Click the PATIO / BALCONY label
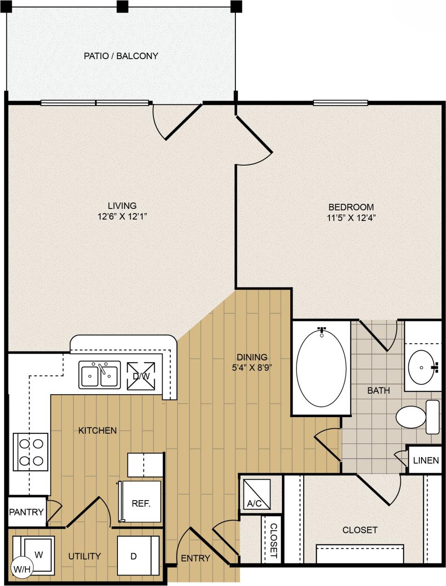[x=121, y=56]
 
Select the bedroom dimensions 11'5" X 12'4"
[x=352, y=219]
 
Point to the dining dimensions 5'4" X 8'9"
[x=252, y=368]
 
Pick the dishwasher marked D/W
[x=141, y=376]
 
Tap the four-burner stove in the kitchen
[x=31, y=452]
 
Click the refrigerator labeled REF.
[x=141, y=502]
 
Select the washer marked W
[x=38, y=554]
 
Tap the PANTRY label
[x=26, y=512]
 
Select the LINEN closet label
[x=426, y=460]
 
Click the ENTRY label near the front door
[x=195, y=558]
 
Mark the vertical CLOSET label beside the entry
[x=273, y=540]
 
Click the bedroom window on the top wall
[x=340, y=103]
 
